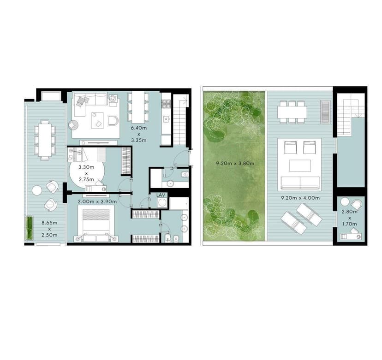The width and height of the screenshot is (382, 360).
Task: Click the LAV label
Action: tap(161, 195)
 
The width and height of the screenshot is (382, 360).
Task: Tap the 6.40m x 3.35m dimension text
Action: tap(138, 134)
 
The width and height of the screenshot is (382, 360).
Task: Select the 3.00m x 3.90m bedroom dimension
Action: tap(97, 202)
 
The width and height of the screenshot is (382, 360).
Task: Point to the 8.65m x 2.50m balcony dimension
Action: tap(49, 229)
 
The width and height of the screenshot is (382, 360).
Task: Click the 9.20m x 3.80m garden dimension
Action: tap(235, 164)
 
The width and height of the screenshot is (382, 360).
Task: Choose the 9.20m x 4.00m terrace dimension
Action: tap(300, 198)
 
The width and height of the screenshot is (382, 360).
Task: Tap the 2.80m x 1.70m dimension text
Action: tap(350, 218)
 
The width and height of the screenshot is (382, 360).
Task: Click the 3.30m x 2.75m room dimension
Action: tap(86, 173)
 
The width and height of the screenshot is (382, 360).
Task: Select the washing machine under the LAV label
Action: tap(162, 202)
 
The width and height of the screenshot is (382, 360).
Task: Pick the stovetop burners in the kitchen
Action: tap(166, 104)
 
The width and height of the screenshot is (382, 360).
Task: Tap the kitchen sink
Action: tap(166, 119)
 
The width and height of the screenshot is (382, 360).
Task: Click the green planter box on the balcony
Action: tap(30, 228)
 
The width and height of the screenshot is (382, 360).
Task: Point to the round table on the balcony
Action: tap(37, 190)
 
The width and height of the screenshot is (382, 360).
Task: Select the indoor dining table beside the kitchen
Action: tap(138, 107)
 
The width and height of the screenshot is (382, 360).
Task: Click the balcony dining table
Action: tap(45, 140)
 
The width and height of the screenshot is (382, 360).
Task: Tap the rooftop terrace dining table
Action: tap(292, 112)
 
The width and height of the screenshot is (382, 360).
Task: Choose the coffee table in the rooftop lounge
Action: tap(300, 166)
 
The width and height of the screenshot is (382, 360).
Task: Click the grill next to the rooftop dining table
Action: tap(325, 112)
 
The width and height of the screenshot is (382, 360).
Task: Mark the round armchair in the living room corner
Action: tap(73, 125)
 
